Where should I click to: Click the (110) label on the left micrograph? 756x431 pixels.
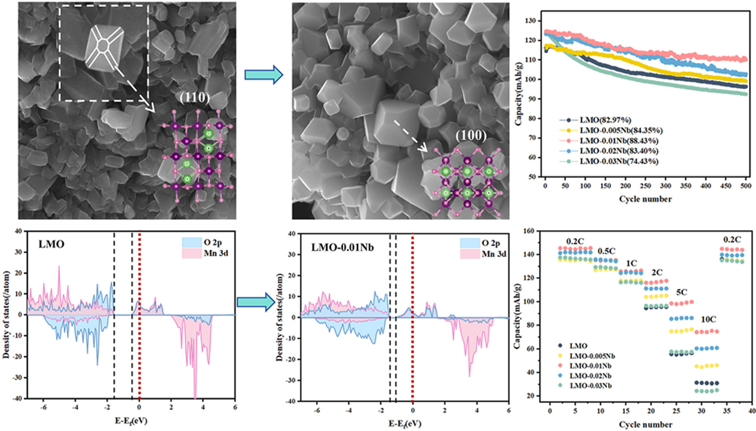[194, 98]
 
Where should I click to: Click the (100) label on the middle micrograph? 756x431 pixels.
[471, 135]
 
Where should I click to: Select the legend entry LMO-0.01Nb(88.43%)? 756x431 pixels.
[614, 141]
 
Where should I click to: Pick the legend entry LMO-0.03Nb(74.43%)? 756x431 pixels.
[614, 161]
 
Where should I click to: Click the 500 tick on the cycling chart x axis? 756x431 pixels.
[746, 186]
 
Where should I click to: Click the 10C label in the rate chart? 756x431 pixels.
[708, 320]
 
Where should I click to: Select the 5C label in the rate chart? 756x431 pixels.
[681, 292]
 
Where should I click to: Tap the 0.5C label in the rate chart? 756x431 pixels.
[606, 251]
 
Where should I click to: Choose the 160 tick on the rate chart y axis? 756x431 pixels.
[529, 231]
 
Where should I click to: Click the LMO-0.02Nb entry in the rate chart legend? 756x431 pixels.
[590, 376]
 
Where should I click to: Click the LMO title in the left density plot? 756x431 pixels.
[51, 244]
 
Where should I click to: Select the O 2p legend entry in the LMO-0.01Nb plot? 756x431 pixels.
[491, 243]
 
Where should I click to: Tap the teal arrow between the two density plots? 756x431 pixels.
[256, 302]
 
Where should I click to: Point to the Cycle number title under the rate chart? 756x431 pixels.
[645, 425]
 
